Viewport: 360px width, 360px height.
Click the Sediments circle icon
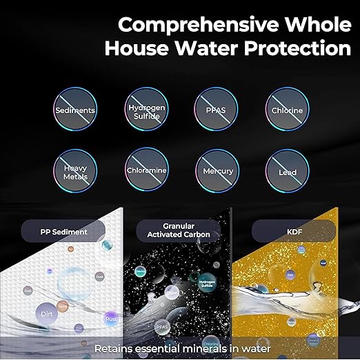click(75, 110)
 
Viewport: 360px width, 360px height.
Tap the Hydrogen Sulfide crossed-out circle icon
click(146, 110)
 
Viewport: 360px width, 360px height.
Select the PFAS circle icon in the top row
click(217, 110)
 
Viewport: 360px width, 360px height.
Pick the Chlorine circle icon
click(287, 110)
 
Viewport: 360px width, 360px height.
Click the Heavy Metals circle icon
click(75, 170)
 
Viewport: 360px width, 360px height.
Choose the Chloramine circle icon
click(146, 170)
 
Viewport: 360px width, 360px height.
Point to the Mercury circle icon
click(217, 170)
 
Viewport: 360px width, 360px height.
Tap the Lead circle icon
click(287, 170)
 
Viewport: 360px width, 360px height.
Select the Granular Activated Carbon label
click(179, 230)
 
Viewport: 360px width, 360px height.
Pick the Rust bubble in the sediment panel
click(110, 319)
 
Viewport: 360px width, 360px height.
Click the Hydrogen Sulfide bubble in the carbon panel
click(207, 286)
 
